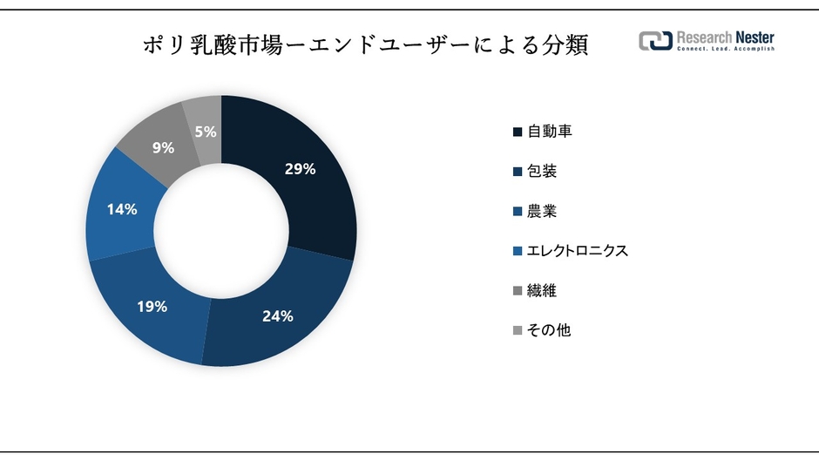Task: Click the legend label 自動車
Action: pyautogui.click(x=550, y=132)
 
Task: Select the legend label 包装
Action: pyautogui.click(x=542, y=171)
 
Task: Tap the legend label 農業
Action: pyautogui.click(x=542, y=211)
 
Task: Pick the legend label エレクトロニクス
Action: pyautogui.click(x=578, y=251)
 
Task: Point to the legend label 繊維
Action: pyautogui.click(x=542, y=291)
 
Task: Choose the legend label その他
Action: pyautogui.click(x=549, y=330)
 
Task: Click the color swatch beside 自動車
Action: pyautogui.click(x=518, y=132)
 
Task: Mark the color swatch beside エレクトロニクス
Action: pyautogui.click(x=518, y=252)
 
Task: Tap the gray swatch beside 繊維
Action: pyautogui.click(x=518, y=291)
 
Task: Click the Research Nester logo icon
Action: pyautogui.click(x=655, y=40)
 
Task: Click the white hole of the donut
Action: pyautogui.click(x=221, y=231)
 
